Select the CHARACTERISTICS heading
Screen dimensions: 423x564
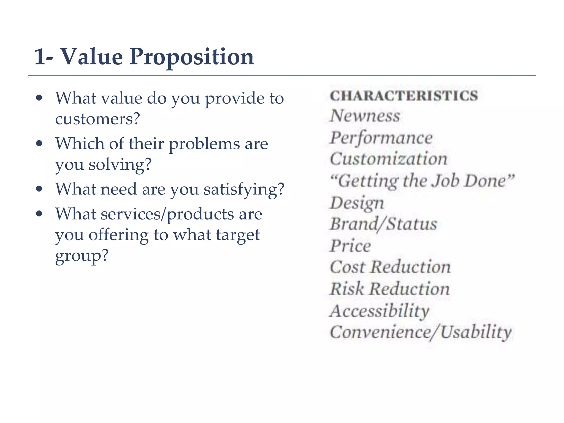(x=404, y=96)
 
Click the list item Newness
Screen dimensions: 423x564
(x=365, y=116)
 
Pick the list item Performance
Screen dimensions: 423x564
(x=381, y=138)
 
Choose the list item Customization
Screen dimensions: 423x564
(x=389, y=159)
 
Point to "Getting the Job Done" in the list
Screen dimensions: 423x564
(x=422, y=181)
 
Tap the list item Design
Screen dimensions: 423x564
(x=357, y=203)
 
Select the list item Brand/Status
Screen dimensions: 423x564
(x=384, y=224)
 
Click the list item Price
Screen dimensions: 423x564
(x=350, y=246)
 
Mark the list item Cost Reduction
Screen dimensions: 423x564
(x=390, y=267)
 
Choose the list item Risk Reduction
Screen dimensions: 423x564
(x=390, y=289)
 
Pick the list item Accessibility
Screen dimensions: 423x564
(x=379, y=311)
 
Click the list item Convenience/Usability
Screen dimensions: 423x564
(x=421, y=332)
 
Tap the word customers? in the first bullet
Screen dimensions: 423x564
(x=97, y=119)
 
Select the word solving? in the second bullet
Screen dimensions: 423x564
(x=120, y=165)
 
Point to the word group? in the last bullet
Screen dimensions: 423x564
(x=82, y=256)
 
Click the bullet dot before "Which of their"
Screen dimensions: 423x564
(x=39, y=143)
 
